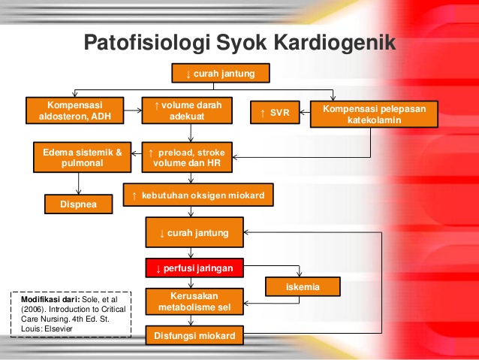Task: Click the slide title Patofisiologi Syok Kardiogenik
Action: point(239,42)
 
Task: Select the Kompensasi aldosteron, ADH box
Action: point(74,110)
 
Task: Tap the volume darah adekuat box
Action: point(188,110)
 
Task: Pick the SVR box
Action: point(274,113)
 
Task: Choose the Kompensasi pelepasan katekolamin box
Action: point(374,114)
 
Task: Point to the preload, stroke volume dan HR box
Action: point(188,156)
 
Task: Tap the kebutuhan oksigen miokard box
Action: point(198,195)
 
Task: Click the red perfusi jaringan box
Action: point(194,268)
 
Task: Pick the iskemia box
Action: point(303,287)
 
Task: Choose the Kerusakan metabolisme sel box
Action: point(194,301)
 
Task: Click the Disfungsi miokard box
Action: point(194,335)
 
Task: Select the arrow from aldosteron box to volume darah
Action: point(132,110)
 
